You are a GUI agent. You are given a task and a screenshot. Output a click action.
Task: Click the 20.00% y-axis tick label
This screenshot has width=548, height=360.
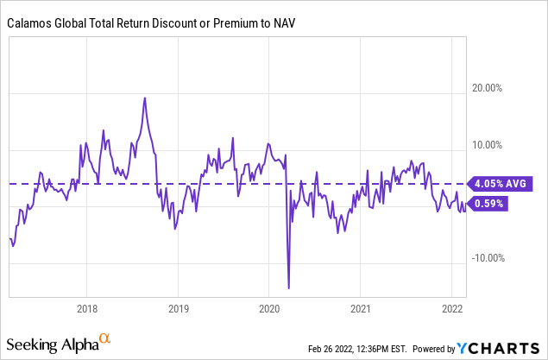tap(500, 88)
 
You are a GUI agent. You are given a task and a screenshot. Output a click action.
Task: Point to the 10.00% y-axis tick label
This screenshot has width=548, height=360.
tap(500, 145)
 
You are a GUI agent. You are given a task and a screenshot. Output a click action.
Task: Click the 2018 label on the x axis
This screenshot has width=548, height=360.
tap(86, 307)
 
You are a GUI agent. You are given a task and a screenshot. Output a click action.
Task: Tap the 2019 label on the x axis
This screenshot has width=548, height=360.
tap(178, 307)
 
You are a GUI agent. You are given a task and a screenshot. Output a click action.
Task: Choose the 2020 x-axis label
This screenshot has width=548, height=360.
tap(269, 307)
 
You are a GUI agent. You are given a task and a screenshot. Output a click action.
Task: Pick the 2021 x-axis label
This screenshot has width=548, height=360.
tap(362, 307)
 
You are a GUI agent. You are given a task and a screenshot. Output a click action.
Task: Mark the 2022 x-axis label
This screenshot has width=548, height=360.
tap(453, 307)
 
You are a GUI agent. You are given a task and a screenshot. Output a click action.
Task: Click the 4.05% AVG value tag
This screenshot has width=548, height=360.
tap(501, 183)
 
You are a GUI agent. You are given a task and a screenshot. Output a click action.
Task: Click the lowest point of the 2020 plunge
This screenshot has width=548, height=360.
tap(288, 288)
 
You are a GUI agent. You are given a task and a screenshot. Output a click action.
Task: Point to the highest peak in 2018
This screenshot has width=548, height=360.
tap(144, 98)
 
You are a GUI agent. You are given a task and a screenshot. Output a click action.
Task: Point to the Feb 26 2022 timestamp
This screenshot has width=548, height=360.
tap(362, 349)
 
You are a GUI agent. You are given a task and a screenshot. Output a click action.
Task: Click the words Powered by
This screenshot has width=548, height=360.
tap(434, 349)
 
